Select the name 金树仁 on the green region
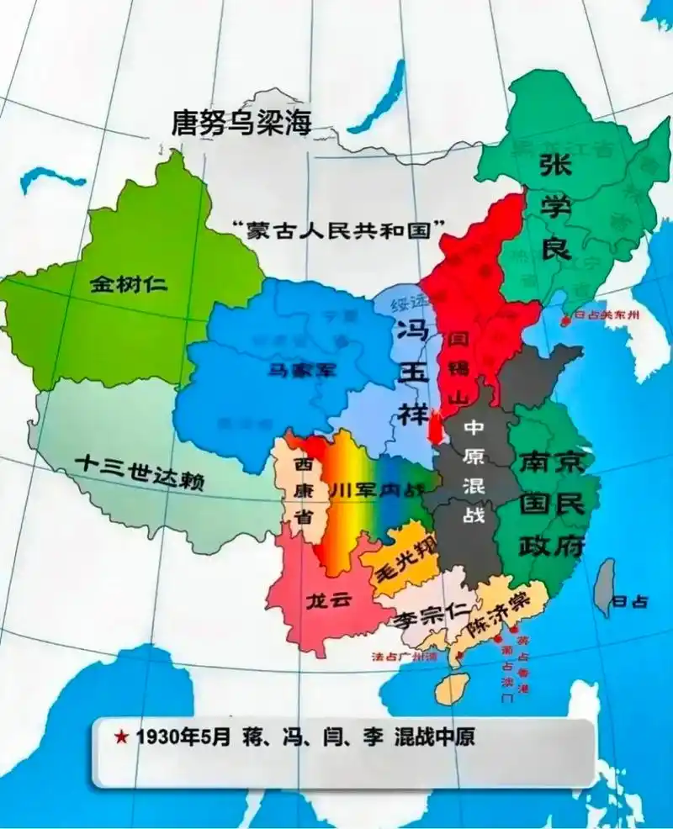(x=128, y=283)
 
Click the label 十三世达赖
(x=140, y=473)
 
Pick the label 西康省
(x=303, y=491)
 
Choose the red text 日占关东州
(x=607, y=316)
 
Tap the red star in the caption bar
(x=121, y=738)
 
